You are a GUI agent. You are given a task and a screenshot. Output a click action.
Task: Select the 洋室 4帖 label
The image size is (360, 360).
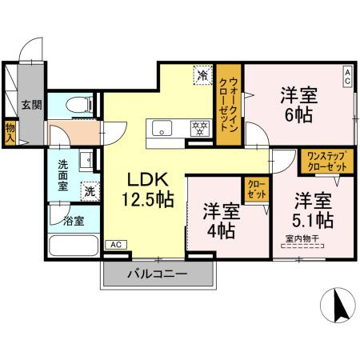(218, 222)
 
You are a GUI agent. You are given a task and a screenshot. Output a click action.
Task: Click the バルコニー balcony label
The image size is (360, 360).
(158, 274)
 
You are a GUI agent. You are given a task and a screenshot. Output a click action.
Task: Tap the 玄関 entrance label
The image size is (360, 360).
(30, 104)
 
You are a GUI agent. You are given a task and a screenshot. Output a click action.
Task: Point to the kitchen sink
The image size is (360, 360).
(162, 128)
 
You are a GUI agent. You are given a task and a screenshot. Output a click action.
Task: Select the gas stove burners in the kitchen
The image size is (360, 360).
(198, 127)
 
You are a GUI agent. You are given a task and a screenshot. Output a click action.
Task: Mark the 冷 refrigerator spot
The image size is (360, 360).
(201, 78)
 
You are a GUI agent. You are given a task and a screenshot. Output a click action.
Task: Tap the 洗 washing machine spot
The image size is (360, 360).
(90, 191)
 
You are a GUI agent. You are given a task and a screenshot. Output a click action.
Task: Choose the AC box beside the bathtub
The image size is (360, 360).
(114, 244)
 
